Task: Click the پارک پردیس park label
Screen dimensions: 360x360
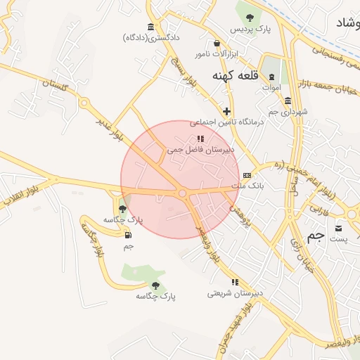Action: [x=252, y=28]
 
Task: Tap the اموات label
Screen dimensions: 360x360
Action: [x=271, y=87]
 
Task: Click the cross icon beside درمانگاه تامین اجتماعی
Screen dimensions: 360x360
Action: [x=226, y=111]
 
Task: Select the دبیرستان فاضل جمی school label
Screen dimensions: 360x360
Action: [x=200, y=150]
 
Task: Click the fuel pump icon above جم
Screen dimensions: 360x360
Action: [x=127, y=234]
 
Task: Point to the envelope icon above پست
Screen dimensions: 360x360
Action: [x=338, y=229]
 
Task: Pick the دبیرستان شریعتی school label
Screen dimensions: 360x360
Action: [x=235, y=292]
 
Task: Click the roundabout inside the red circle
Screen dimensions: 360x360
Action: [x=182, y=193]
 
